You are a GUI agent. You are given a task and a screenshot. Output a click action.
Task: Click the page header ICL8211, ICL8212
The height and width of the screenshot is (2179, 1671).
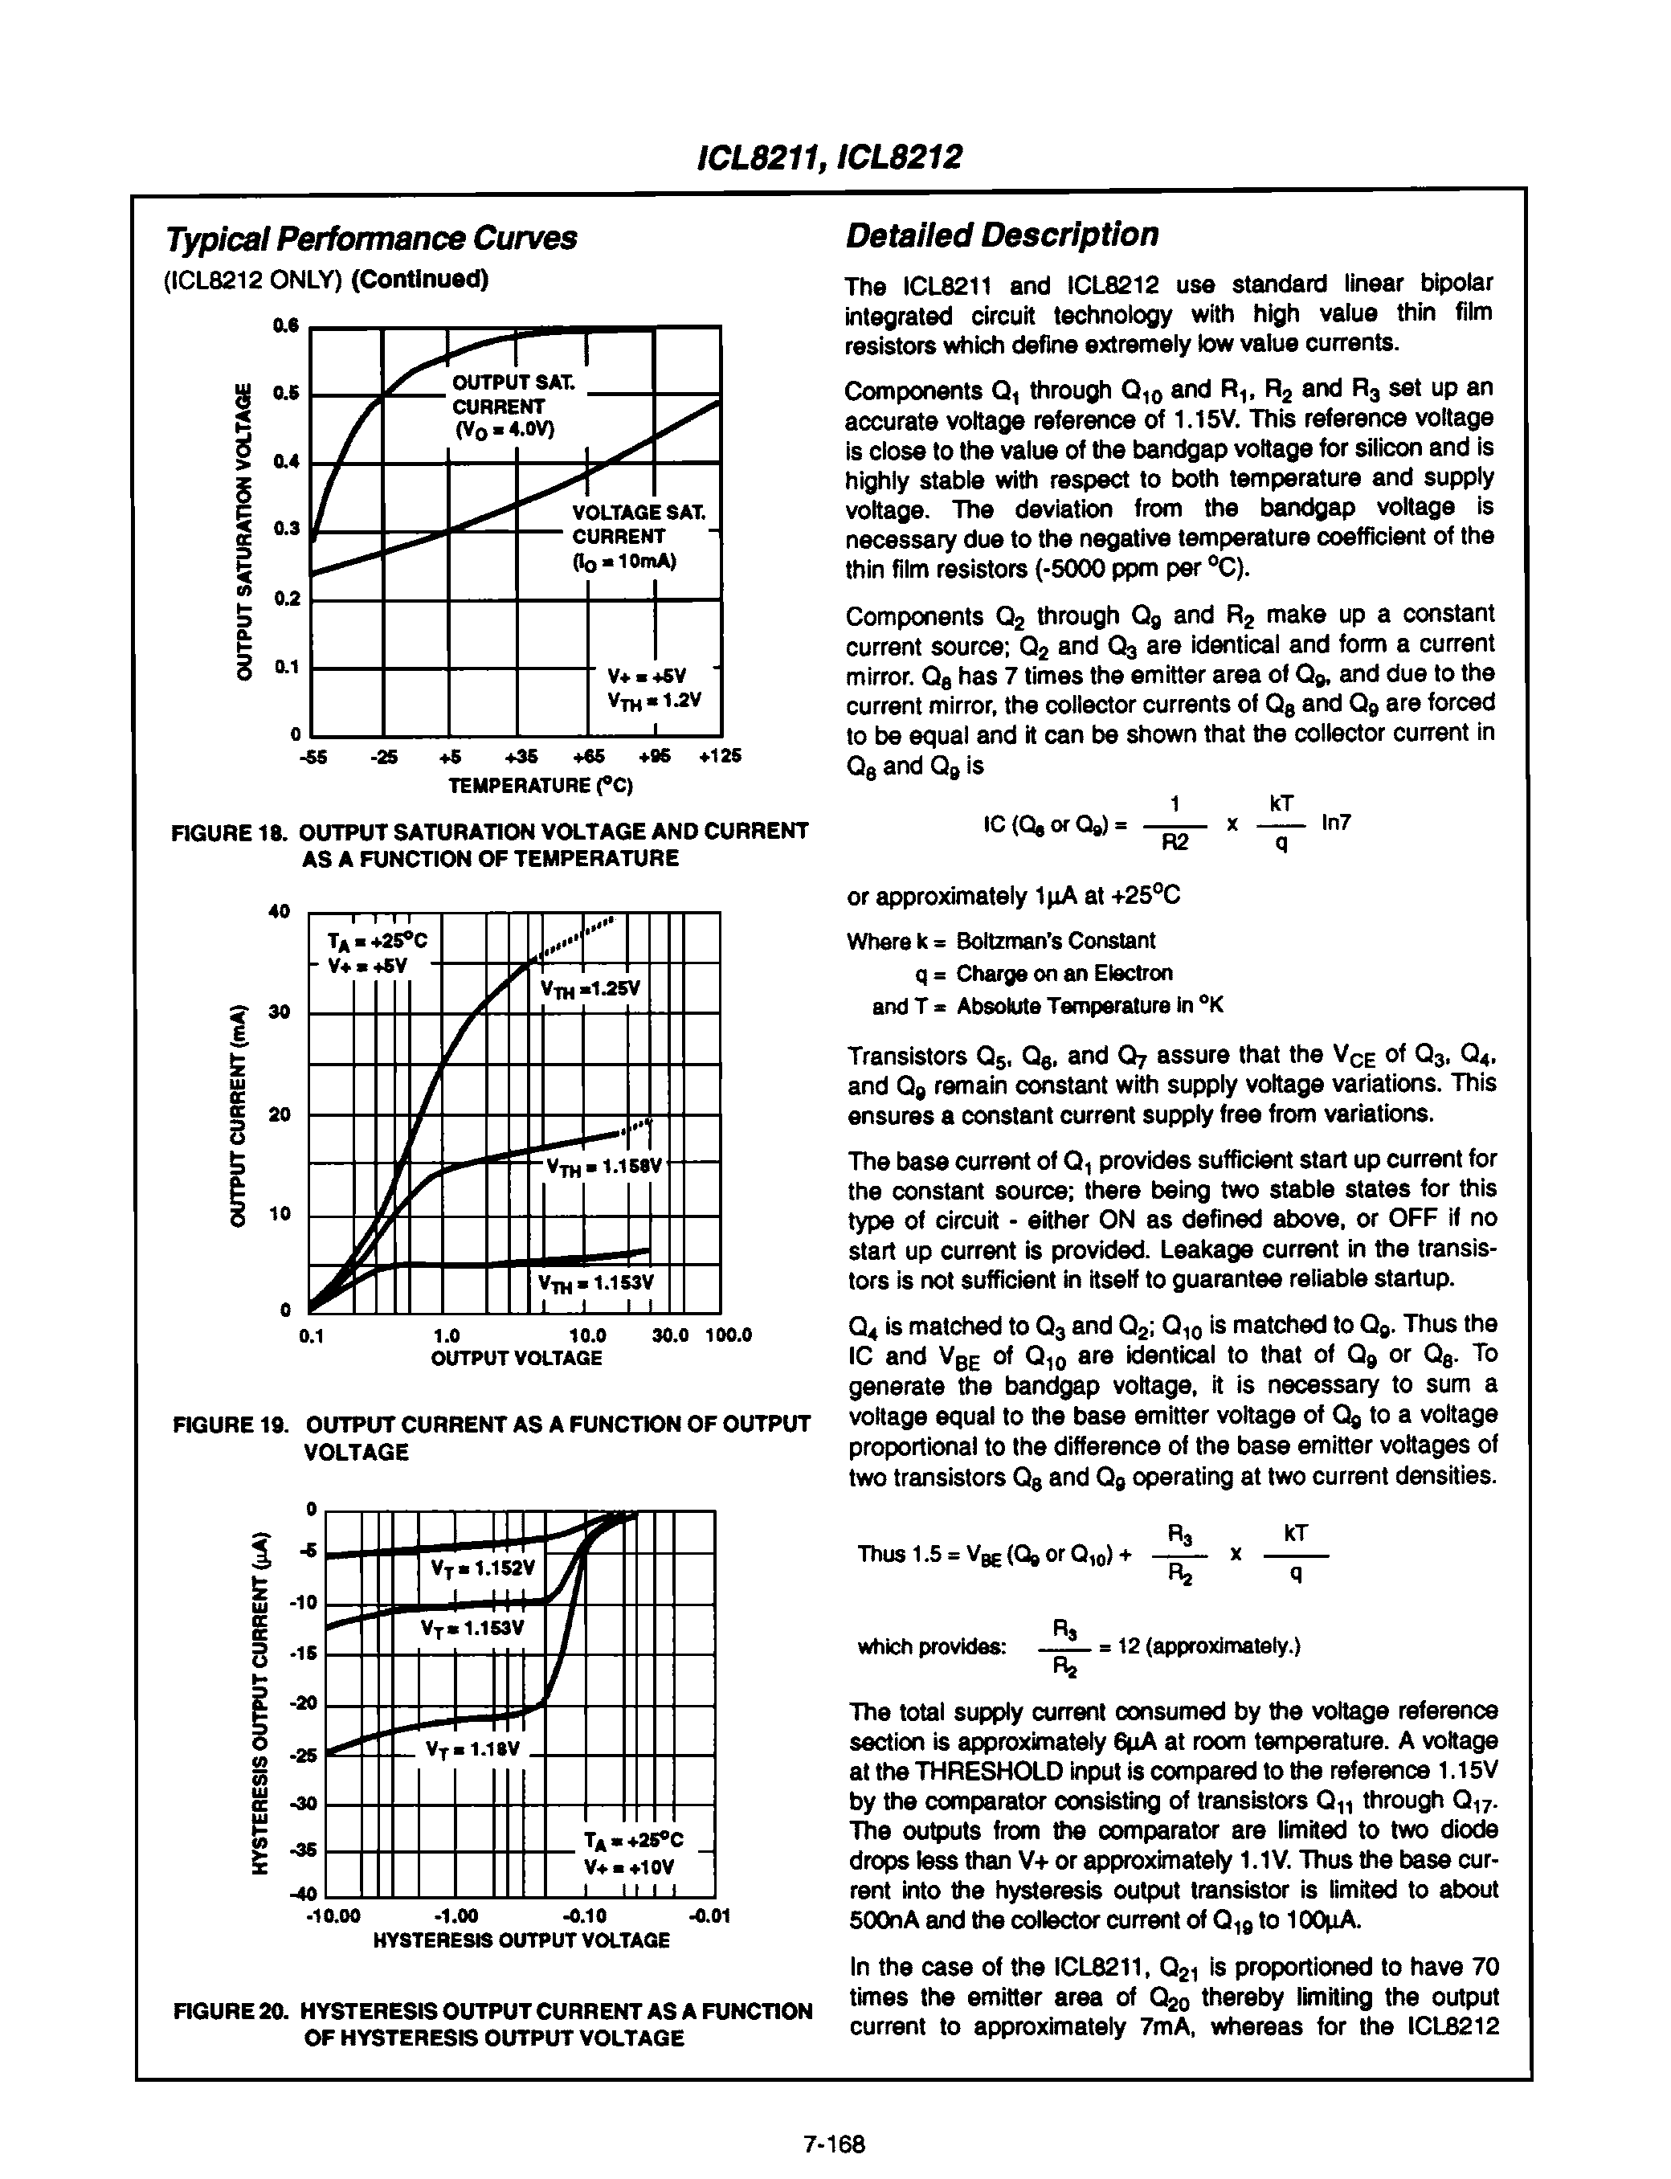click(834, 156)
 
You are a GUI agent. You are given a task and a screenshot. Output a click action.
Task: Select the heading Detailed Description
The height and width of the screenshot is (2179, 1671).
click(1001, 235)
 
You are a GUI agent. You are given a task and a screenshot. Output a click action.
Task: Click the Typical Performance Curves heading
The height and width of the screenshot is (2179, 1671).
click(371, 239)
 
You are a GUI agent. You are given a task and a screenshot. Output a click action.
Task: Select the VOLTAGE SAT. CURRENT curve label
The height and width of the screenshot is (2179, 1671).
click(638, 536)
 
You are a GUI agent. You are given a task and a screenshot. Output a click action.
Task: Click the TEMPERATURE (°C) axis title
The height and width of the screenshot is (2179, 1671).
click(540, 786)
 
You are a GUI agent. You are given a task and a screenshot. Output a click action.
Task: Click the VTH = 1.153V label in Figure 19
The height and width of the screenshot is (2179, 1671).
click(594, 1283)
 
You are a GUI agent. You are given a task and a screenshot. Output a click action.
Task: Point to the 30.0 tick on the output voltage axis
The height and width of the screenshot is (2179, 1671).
click(669, 1335)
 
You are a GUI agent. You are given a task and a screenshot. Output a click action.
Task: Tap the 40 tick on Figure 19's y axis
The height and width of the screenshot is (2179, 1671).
click(280, 911)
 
